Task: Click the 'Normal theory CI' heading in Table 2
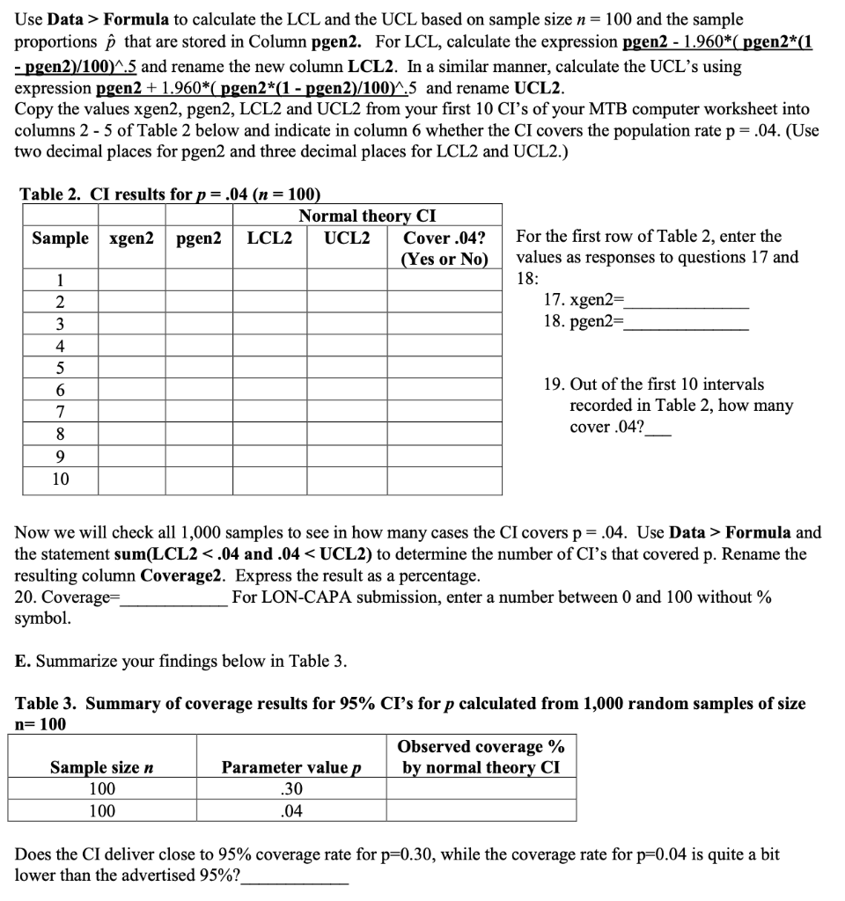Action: point(367,216)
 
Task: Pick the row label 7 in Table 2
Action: point(59,412)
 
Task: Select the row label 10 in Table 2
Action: point(59,480)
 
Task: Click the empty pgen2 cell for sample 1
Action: point(198,282)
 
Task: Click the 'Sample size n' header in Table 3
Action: point(101,767)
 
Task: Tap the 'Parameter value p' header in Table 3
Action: point(291,767)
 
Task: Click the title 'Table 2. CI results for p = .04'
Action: point(169,194)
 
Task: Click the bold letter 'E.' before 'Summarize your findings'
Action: point(24,661)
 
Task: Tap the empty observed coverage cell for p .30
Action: point(481,790)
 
